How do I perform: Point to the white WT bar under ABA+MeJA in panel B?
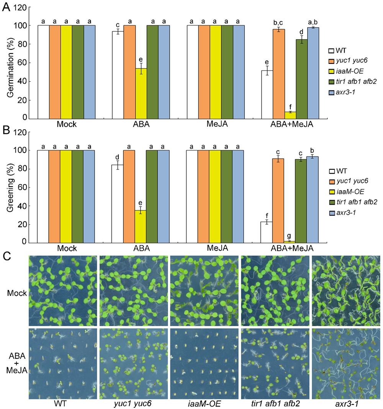(267, 232)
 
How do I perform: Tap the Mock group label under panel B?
(66, 249)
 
